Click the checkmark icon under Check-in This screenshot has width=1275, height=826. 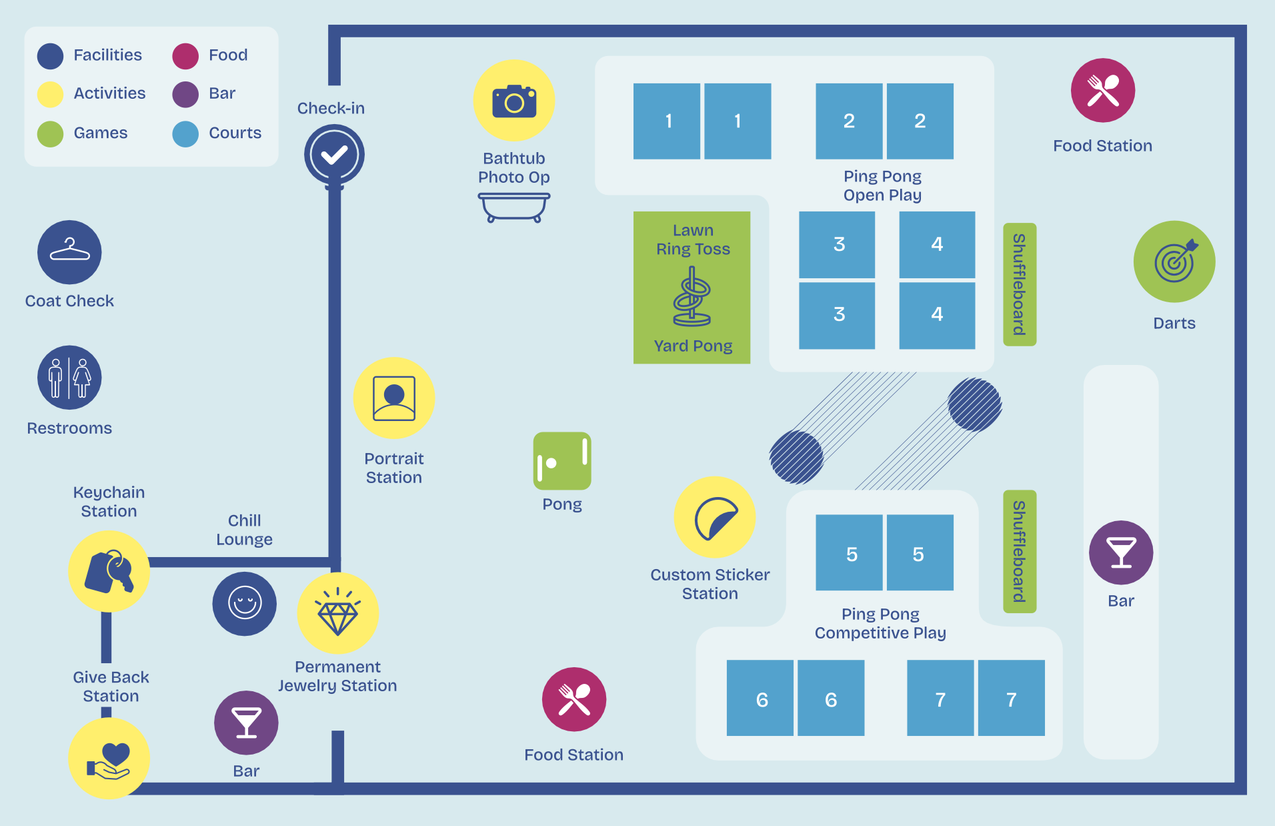(334, 155)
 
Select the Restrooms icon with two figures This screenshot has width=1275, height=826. (69, 378)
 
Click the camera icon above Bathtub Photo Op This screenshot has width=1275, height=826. (513, 100)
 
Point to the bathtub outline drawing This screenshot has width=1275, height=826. (514, 208)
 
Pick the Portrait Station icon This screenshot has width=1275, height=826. (394, 398)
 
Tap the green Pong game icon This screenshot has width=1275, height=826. (562, 461)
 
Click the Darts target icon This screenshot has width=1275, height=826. (1174, 262)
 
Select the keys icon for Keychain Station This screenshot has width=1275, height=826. (109, 572)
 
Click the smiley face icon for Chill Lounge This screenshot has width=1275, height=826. (245, 604)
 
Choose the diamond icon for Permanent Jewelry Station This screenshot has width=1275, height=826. (338, 613)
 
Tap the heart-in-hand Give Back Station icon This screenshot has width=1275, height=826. (109, 759)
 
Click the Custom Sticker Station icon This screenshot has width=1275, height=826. (715, 517)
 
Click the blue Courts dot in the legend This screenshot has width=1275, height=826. (185, 133)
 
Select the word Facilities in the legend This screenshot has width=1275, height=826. (108, 55)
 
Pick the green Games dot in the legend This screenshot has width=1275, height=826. (51, 133)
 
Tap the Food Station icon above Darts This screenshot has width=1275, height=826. (1103, 90)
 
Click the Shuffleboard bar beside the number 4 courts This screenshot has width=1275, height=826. (1020, 284)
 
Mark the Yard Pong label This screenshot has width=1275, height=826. (693, 346)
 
